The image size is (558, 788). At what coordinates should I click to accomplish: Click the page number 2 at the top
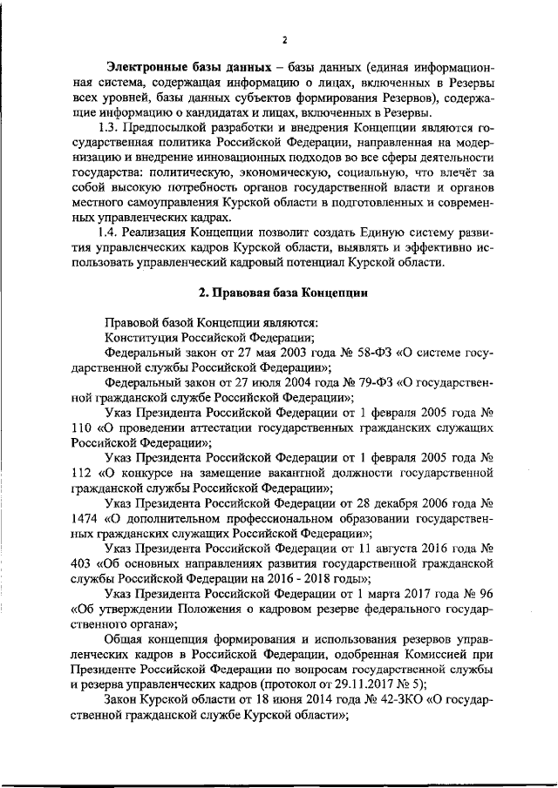click(x=284, y=39)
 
